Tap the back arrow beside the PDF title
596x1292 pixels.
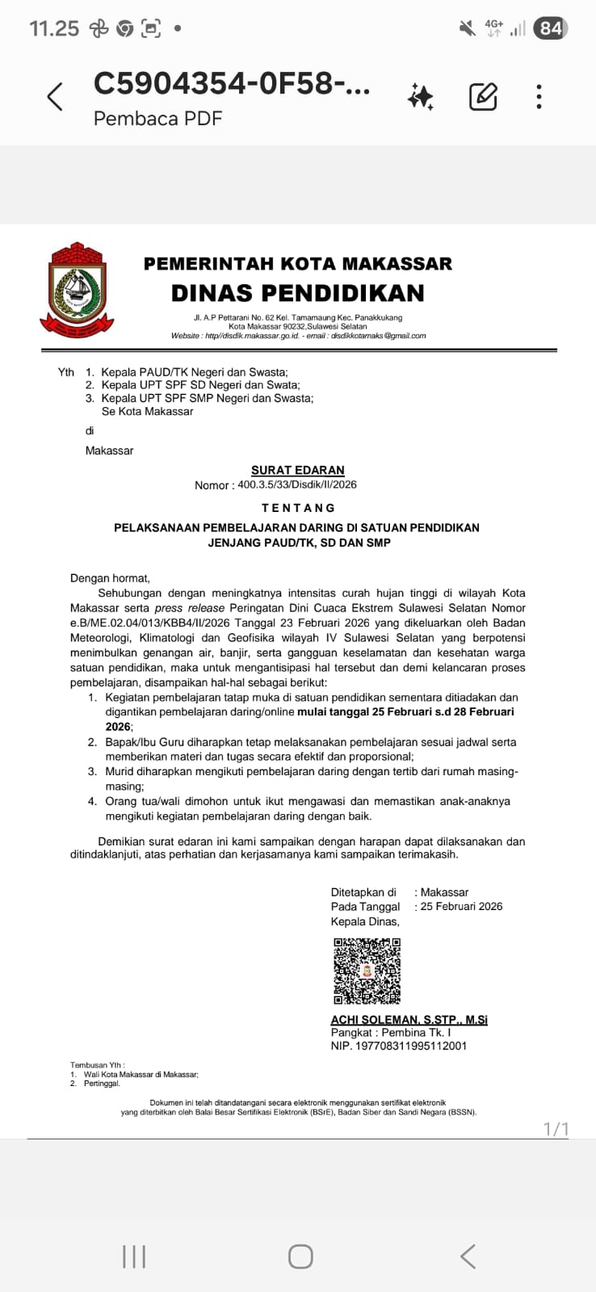[55, 97]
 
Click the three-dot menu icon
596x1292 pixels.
[539, 97]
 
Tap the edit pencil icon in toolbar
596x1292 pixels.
[483, 97]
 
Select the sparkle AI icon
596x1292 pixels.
[421, 97]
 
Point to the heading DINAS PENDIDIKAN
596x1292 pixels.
[297, 292]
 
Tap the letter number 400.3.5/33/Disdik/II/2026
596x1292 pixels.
[296, 484]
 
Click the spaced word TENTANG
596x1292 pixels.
[298, 508]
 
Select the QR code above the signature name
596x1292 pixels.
[367, 971]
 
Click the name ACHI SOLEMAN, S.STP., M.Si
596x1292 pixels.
[409, 1020]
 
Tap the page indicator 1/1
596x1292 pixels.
[556, 1129]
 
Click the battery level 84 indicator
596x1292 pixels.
[551, 29]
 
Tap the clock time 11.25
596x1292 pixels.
[54, 29]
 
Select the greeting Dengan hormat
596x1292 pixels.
[110, 578]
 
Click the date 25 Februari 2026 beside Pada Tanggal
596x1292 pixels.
[461, 907]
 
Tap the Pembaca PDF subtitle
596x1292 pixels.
[157, 119]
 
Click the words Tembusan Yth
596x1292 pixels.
[97, 1065]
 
